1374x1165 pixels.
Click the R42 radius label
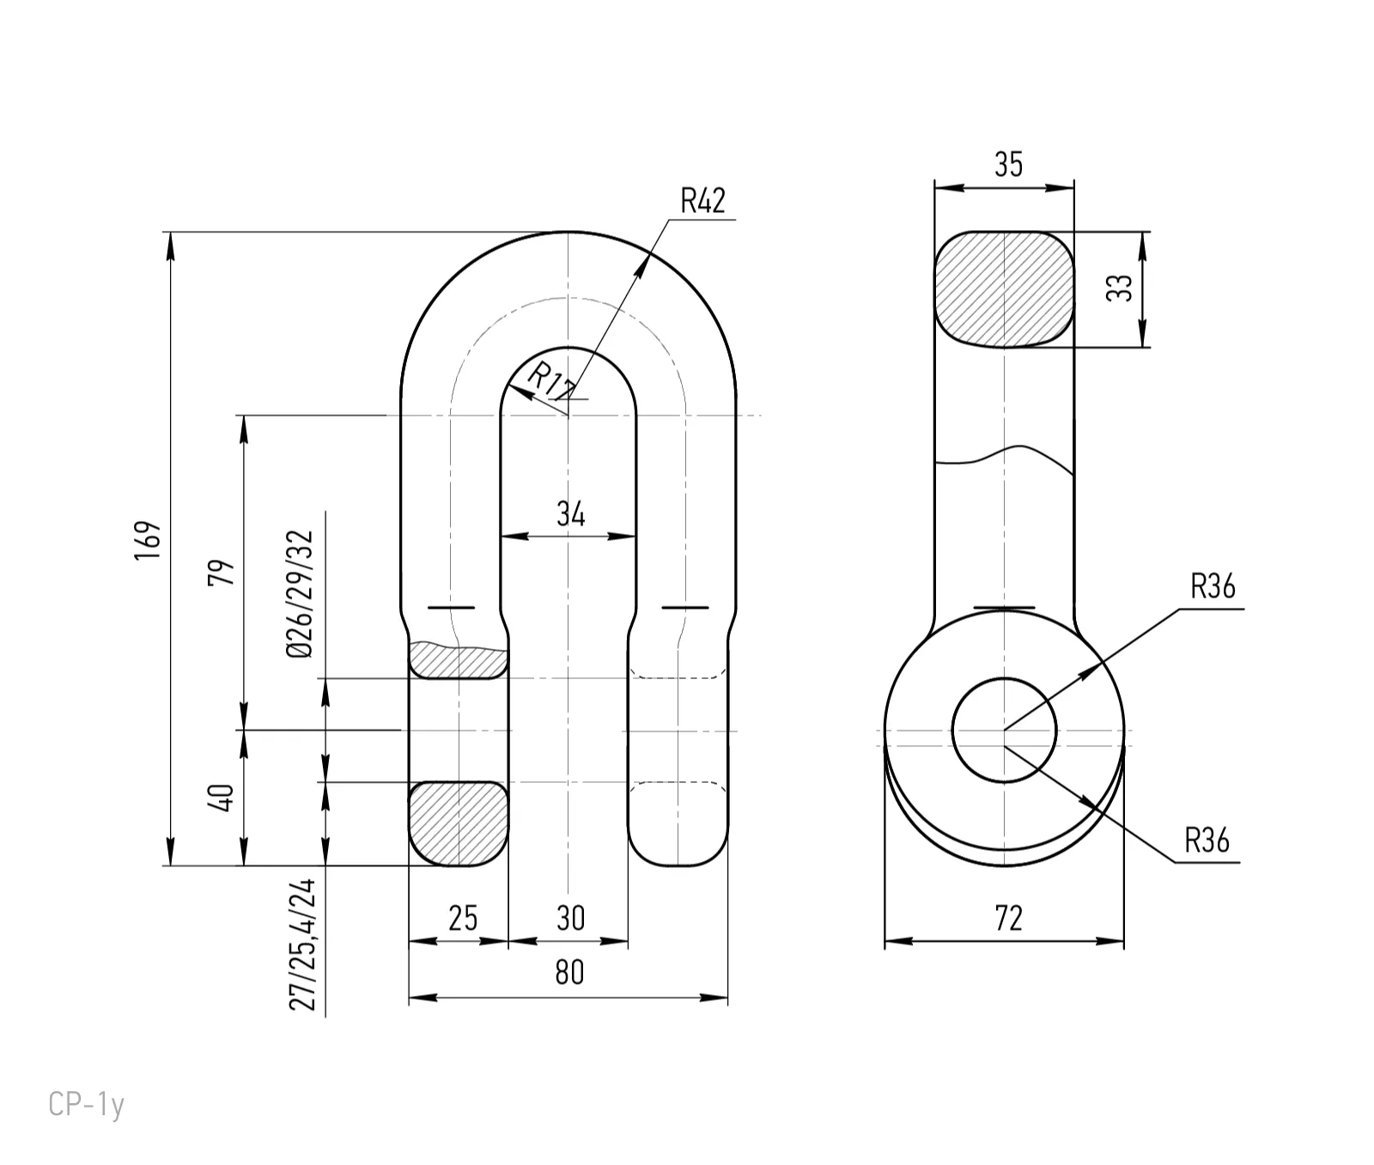point(702,201)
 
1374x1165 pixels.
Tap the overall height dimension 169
point(147,541)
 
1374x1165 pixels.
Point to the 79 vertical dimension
point(222,572)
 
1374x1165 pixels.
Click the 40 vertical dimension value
point(222,798)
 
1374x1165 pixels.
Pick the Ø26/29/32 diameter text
point(301,593)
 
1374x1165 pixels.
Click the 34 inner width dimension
point(570,513)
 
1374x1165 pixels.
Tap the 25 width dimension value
point(463,919)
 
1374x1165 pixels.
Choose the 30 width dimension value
point(570,919)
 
